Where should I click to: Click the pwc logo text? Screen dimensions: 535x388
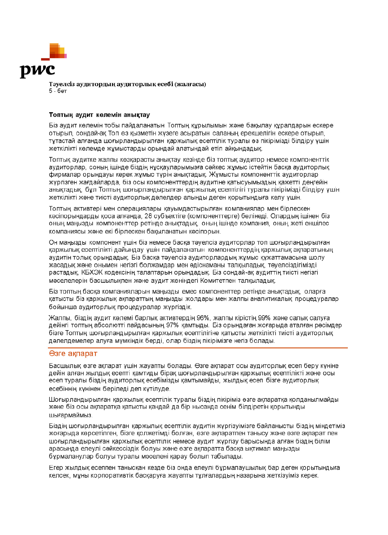pos(37,70)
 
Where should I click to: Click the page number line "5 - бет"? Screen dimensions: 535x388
pos(58,91)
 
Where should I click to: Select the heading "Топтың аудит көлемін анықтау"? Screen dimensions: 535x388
pos(99,115)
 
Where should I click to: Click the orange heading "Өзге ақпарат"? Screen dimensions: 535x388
pos(73,353)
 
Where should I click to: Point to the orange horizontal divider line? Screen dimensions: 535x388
pos(198,348)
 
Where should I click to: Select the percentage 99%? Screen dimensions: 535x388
pos(263,318)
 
